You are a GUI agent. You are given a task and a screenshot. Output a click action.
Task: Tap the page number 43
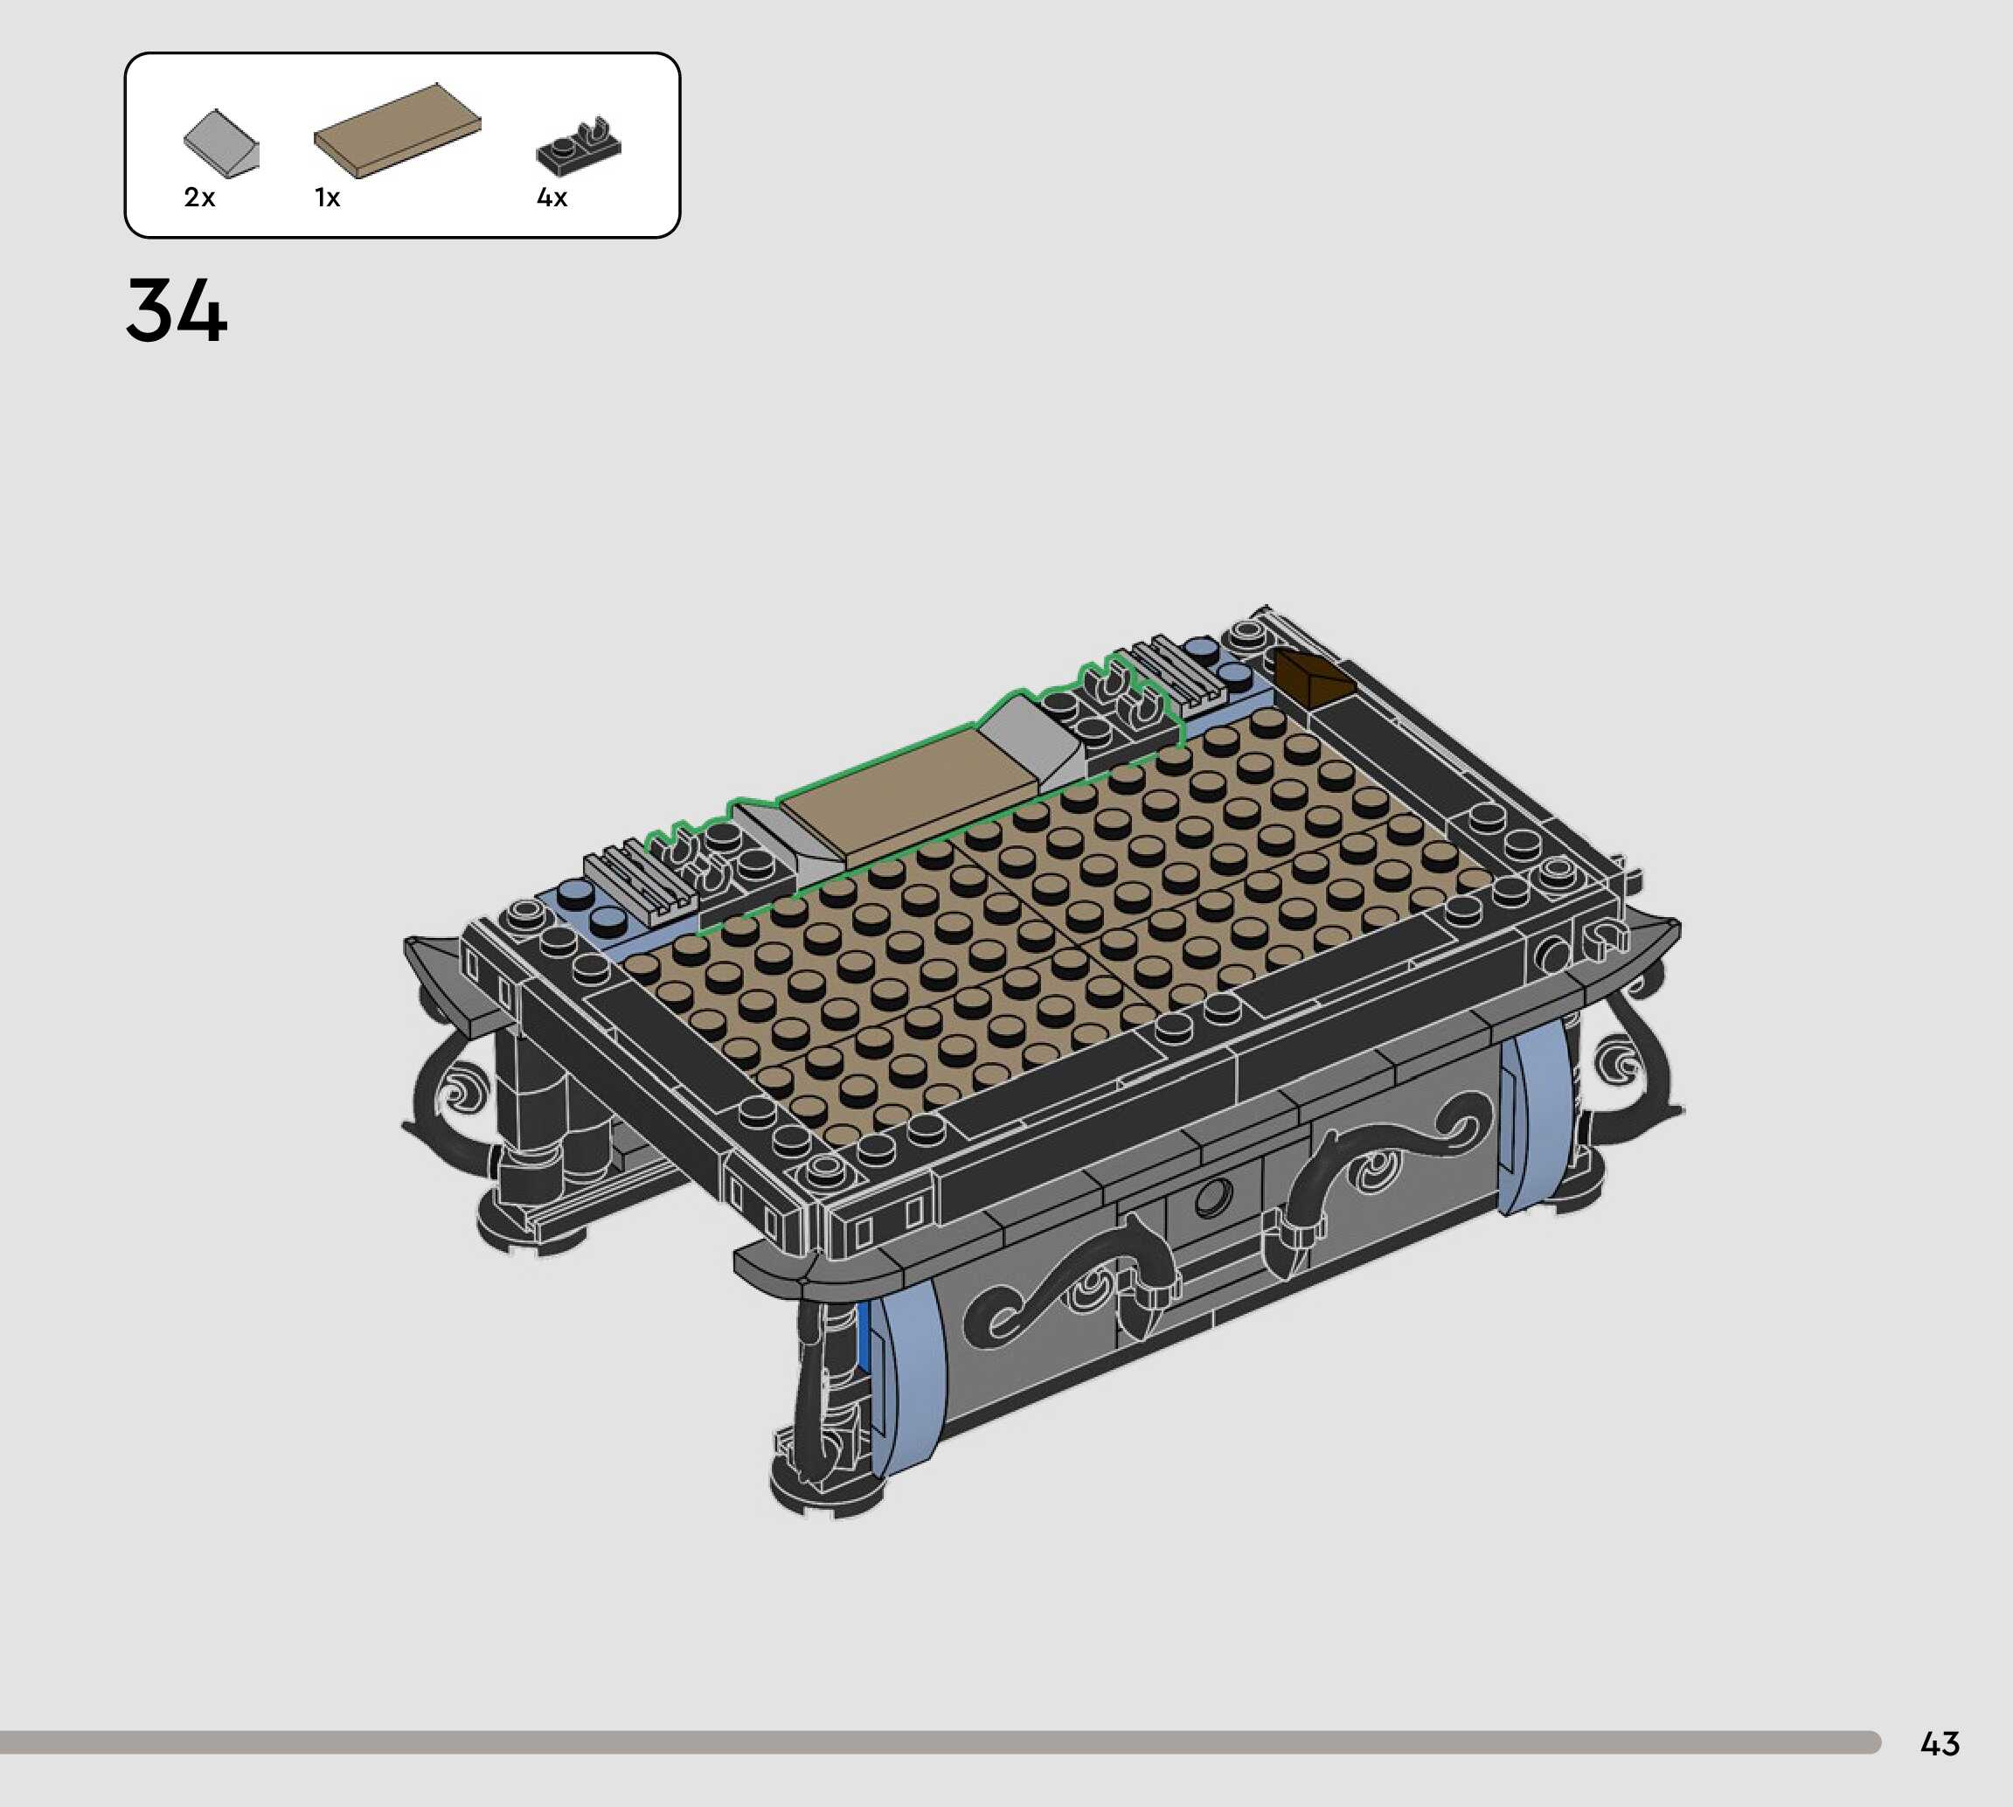pos(1940,1743)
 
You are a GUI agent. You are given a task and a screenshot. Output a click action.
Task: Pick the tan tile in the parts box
pos(397,130)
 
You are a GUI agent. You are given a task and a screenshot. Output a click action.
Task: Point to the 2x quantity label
pos(199,198)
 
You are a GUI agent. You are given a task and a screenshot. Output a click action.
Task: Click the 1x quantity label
pos(328,198)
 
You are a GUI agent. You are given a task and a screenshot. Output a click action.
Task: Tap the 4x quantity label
pos(552,198)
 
